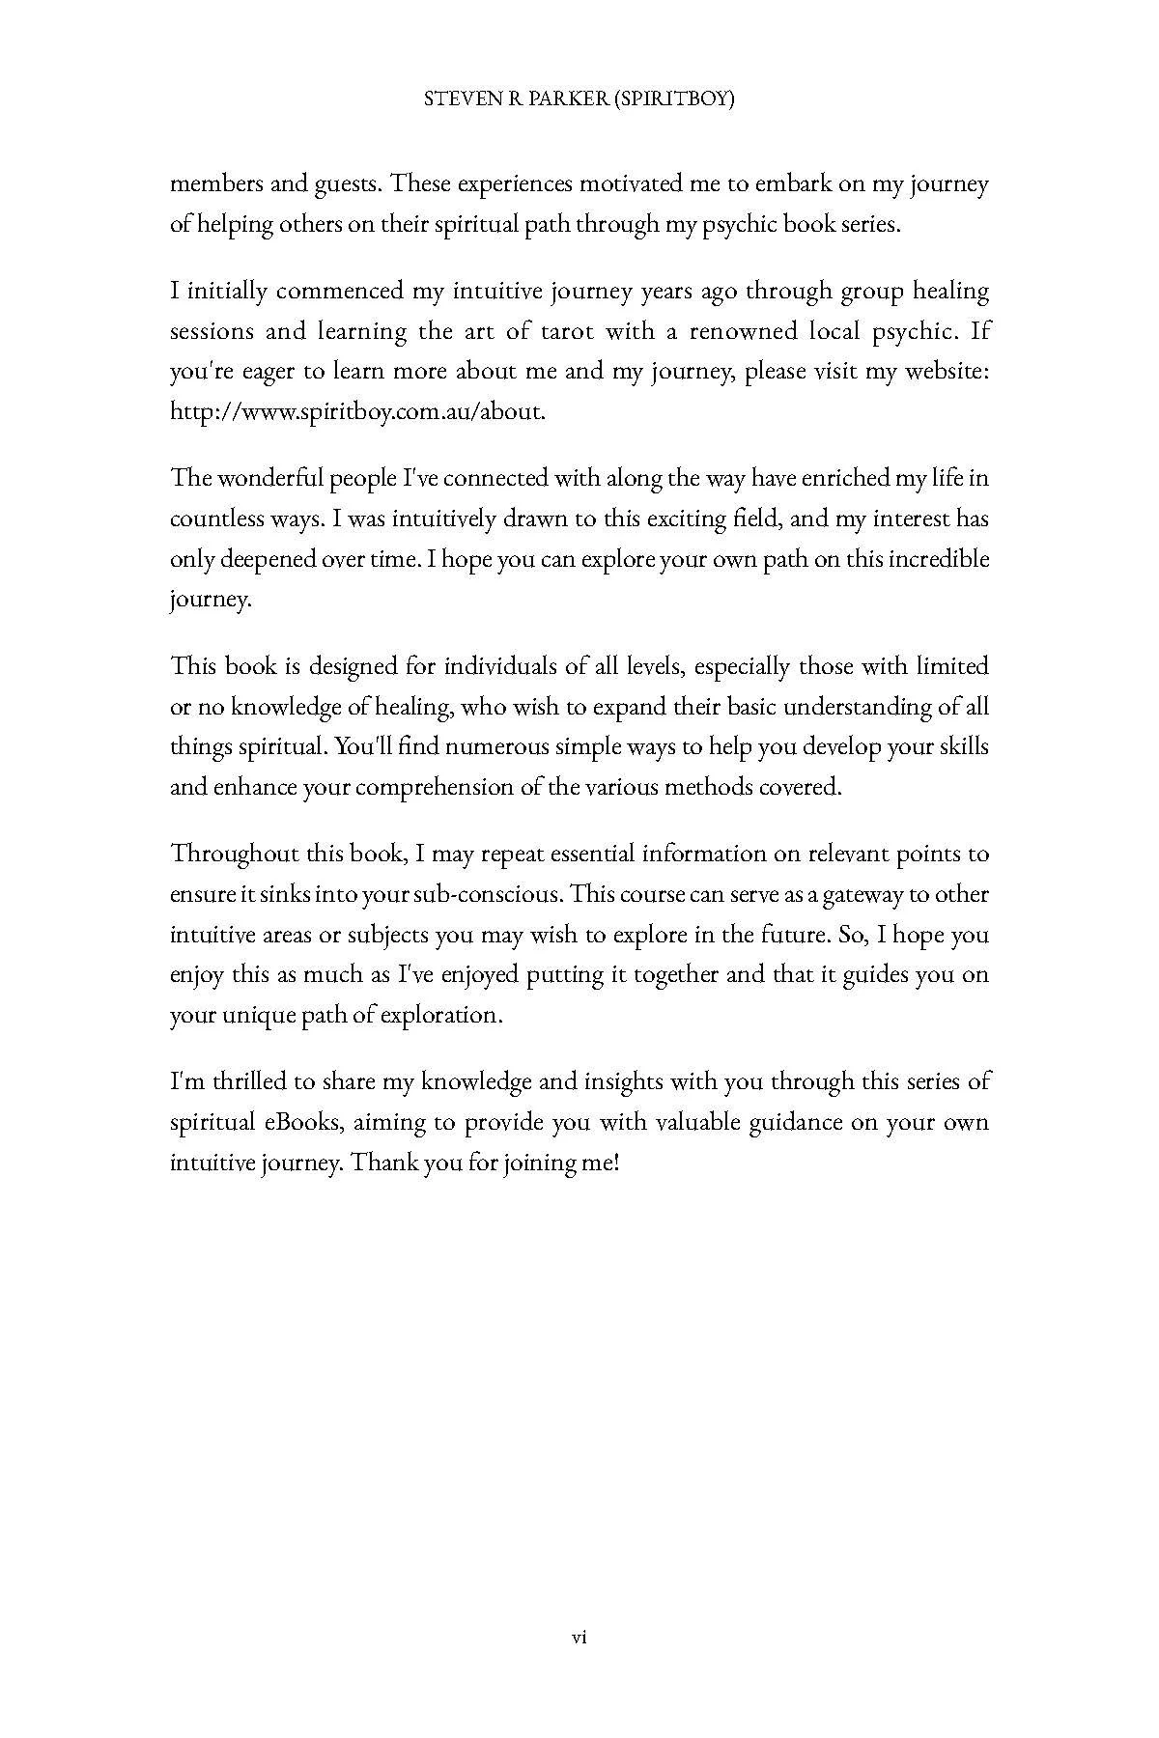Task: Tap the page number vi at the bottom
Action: (x=579, y=1637)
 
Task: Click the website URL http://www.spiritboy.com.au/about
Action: (x=357, y=411)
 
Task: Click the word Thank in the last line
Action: (x=383, y=1163)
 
